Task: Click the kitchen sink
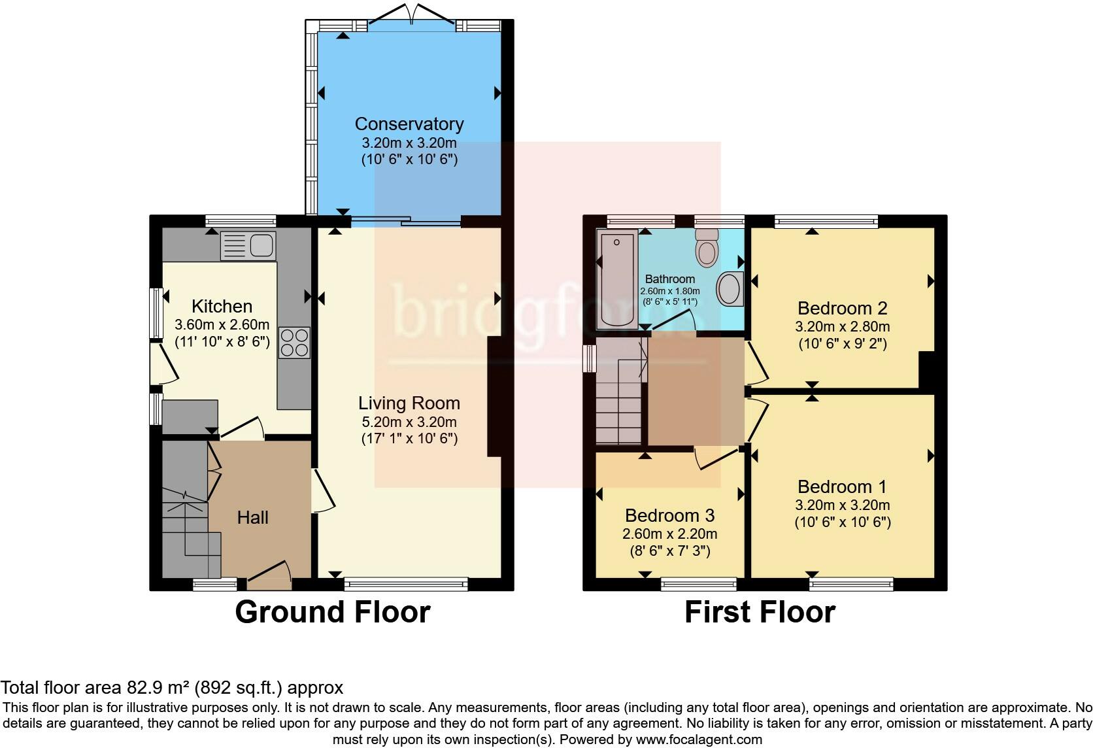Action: (249, 246)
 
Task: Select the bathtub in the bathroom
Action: (617, 279)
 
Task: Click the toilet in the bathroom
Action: (706, 248)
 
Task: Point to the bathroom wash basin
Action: (730, 289)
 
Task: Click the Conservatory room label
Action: (409, 124)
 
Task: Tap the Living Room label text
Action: (409, 403)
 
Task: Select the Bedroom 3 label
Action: (669, 516)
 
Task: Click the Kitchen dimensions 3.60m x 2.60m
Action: (222, 324)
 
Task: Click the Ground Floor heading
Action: (332, 613)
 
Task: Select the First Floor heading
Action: (760, 613)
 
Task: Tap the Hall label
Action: (252, 518)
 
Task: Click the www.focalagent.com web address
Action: (699, 740)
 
